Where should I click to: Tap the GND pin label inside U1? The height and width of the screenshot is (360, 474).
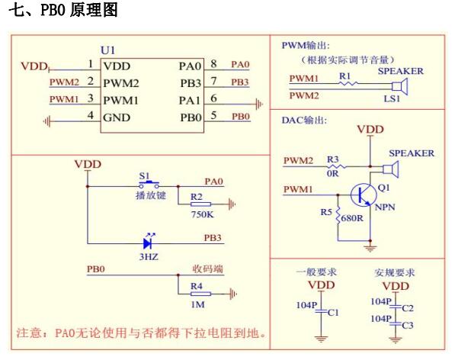117,117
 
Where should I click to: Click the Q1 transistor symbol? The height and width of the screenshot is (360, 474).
363,194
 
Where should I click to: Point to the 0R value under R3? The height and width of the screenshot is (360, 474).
332,173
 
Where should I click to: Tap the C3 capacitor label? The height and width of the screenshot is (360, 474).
407,325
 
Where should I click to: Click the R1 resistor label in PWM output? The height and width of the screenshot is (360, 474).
344,76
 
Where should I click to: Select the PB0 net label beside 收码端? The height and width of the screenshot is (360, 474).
96,269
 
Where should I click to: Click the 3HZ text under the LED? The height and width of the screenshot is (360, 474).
147,259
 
